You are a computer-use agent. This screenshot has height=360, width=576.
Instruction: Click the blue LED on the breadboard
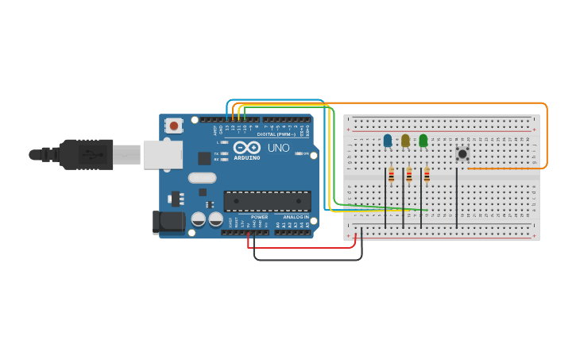pos(388,141)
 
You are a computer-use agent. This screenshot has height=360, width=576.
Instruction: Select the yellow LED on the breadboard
pos(405,141)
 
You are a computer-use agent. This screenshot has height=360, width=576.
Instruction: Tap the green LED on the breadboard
pos(423,141)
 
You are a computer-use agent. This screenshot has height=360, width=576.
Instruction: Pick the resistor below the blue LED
pos(391,176)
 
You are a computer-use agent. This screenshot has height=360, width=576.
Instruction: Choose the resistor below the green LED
pos(427,176)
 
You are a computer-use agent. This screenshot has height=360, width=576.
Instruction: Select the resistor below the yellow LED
pos(409,176)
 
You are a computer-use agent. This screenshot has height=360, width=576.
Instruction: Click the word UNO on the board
pos(278,148)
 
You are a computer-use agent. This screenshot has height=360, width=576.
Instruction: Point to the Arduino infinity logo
pos(247,147)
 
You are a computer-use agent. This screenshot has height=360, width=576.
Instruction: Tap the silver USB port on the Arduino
pos(162,155)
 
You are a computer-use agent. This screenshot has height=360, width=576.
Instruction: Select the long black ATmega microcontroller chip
pos(267,201)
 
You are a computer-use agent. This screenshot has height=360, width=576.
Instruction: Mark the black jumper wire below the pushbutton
pos(457,199)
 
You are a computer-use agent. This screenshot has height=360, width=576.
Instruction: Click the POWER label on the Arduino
pos(259,217)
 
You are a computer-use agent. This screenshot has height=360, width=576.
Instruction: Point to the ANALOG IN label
pos(296,217)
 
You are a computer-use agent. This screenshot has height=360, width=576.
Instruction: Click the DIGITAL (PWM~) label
pos(276,134)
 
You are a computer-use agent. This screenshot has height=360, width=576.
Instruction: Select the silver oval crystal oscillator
pos(203,178)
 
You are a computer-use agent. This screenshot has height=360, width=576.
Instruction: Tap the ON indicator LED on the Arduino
pos(299,153)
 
